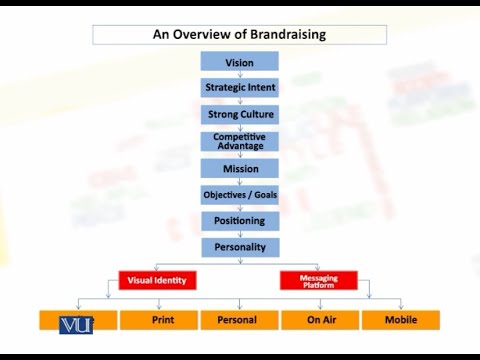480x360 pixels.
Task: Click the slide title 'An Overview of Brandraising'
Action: coord(239,34)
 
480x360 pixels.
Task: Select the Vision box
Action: coord(240,62)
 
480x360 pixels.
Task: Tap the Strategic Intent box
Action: coord(240,88)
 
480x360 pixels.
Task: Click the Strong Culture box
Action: coord(240,114)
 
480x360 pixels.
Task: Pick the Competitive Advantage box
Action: coord(240,141)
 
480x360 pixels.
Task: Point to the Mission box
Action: coord(240,168)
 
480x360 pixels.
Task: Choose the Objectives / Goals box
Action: coord(240,194)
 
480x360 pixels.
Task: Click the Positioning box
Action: coord(240,220)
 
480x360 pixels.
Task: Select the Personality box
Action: coord(240,246)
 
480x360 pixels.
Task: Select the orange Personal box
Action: coord(239,320)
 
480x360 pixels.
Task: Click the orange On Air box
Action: coord(319,320)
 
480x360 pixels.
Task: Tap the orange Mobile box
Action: coord(399,320)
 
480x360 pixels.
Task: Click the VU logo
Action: coord(76,324)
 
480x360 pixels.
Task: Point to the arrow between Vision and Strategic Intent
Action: coord(240,75)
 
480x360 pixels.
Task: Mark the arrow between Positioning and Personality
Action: coord(240,233)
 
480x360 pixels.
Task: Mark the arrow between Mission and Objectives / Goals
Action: coord(240,181)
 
